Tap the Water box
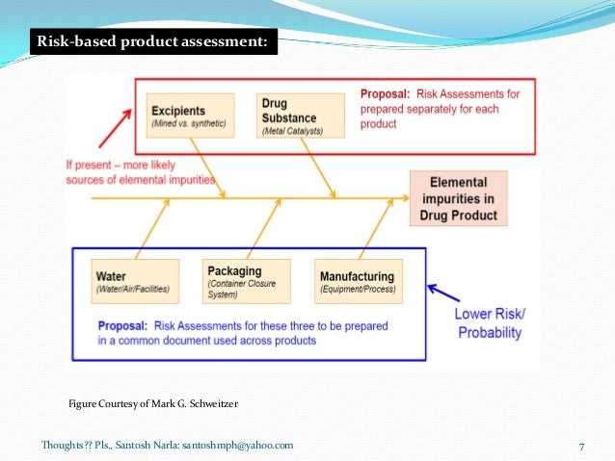pos(135,281)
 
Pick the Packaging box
pos(247,282)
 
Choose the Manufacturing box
pos(356,281)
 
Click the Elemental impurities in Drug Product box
pos(458,198)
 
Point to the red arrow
pos(114,129)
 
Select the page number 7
pos(582,446)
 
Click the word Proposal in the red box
pos(385,94)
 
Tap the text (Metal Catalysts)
pos(291,130)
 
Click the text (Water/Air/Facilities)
pos(135,290)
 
